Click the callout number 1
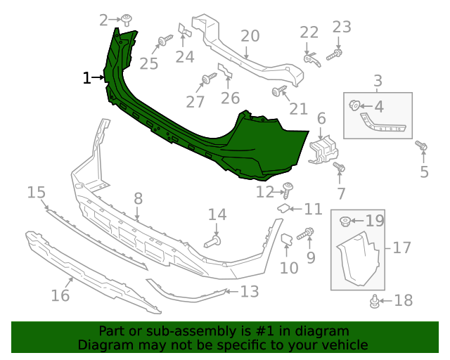(x=87, y=78)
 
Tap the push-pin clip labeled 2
(x=127, y=19)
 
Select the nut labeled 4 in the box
(x=355, y=106)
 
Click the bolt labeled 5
(x=422, y=146)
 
